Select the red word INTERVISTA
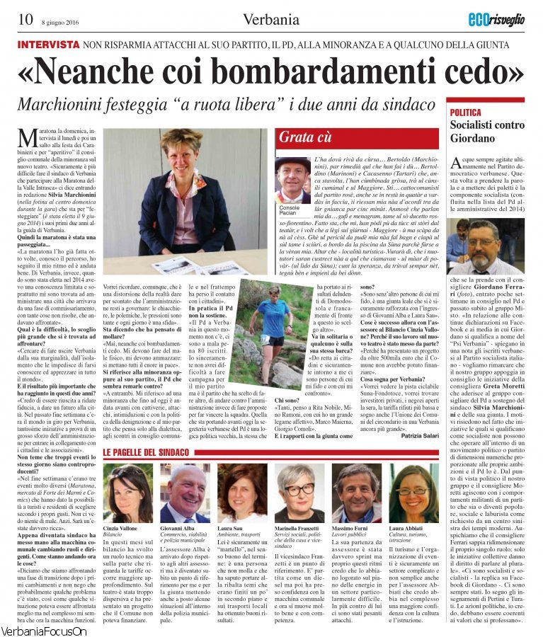tap(48, 44)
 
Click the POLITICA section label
tap(467, 113)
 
